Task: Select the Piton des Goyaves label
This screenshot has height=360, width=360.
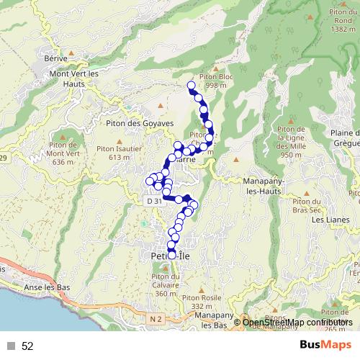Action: pyautogui.click(x=140, y=124)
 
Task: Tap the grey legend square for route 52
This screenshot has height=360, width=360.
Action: pyautogui.click(x=11, y=346)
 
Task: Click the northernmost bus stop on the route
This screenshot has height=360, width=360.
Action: pyautogui.click(x=192, y=86)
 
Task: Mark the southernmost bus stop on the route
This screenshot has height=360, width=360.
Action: pyautogui.click(x=171, y=254)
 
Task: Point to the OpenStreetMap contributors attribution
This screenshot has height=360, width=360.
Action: pyautogui.click(x=297, y=322)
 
